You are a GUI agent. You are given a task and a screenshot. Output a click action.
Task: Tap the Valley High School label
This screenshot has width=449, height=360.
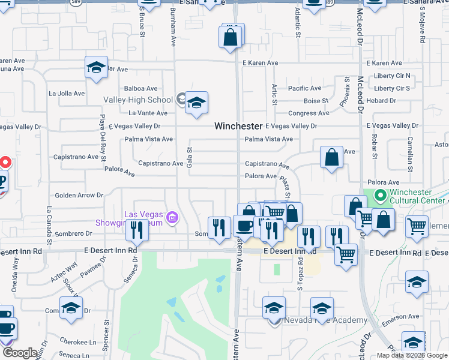coord(138,100)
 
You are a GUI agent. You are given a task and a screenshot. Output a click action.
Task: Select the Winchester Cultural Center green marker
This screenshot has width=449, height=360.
coord(380,196)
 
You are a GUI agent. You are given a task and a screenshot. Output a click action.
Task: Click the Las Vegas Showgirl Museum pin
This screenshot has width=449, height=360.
coord(172,217)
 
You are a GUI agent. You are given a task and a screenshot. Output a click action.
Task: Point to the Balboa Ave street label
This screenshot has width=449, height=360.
coord(141,88)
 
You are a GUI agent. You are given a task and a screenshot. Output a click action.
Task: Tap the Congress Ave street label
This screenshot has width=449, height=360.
coord(309,113)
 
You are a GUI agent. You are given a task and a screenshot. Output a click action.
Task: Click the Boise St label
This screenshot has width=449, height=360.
coord(316,101)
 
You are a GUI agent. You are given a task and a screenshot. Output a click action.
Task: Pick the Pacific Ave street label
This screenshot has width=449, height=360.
coord(304,88)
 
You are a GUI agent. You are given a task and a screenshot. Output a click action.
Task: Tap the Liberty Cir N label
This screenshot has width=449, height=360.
coord(391,76)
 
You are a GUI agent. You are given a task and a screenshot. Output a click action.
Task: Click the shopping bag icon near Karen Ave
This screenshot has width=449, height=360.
coord(231,37)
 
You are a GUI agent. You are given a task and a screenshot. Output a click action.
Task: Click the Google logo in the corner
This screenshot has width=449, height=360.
coord(20,353)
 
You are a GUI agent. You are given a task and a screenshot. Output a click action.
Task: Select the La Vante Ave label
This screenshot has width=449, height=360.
coord(148,113)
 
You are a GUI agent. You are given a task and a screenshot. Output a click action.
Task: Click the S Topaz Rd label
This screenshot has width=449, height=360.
coord(300,273)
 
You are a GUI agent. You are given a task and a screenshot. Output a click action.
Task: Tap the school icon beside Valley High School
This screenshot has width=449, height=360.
coord(196,103)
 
